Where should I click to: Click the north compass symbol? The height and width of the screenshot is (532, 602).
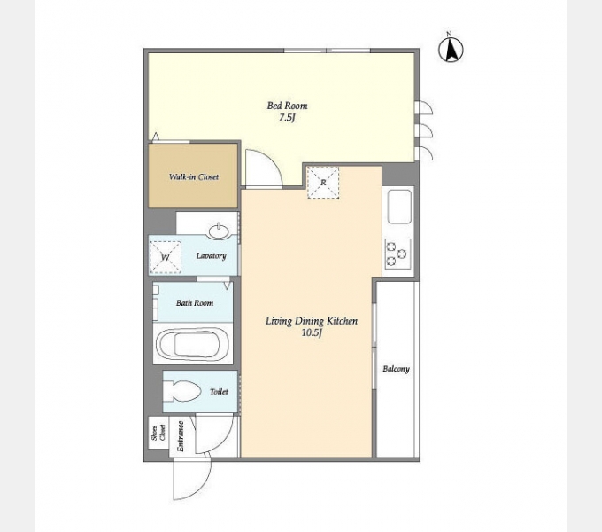coord(451,49)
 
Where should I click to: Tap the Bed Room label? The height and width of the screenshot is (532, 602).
coord(287,106)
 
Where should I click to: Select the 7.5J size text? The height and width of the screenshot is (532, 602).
coord(287,118)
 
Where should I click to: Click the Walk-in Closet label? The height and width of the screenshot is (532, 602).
coord(194,176)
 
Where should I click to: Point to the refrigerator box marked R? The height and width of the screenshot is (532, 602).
coord(323,182)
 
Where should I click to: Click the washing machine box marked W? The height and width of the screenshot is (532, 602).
coord(165,257)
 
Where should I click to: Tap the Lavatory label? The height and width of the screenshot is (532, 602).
coord(212,255)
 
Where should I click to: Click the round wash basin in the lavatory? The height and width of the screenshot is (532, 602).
coord(220,231)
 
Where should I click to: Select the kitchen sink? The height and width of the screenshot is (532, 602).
coord(399,207)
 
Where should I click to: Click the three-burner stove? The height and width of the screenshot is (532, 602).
coord(397,254)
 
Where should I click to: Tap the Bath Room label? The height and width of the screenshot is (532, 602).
coord(195,303)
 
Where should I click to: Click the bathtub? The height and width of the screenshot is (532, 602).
coord(194,344)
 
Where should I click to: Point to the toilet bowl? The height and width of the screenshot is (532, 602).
coord(182,391)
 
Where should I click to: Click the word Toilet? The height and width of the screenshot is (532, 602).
coord(220,392)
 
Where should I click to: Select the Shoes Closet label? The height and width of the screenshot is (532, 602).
coord(158,433)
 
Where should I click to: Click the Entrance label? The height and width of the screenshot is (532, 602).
coord(181,436)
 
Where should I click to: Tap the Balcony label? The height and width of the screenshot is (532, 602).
coord(397,369)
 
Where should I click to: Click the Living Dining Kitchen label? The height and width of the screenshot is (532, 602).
coord(312,321)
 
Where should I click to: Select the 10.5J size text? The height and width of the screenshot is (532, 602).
coord(312,332)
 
